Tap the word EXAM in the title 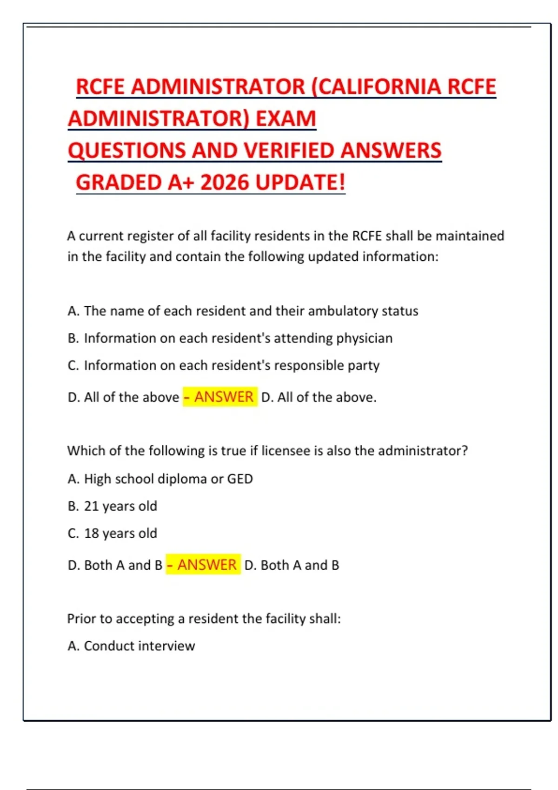click(286, 118)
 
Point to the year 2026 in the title click(226, 182)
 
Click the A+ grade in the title click(181, 182)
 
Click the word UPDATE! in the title click(301, 182)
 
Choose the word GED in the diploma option click(240, 479)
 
